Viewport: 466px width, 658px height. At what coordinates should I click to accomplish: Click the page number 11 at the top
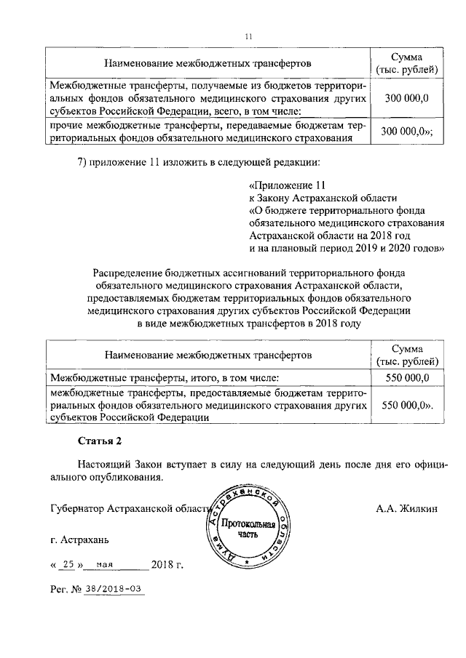248,37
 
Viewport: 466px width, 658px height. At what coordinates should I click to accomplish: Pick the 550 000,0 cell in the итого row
407,377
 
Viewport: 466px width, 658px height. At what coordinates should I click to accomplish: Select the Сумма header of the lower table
407,350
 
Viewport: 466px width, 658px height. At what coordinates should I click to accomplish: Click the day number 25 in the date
68,564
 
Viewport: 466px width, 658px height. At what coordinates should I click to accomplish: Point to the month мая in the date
106,564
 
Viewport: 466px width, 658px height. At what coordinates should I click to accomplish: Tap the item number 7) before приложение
84,161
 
